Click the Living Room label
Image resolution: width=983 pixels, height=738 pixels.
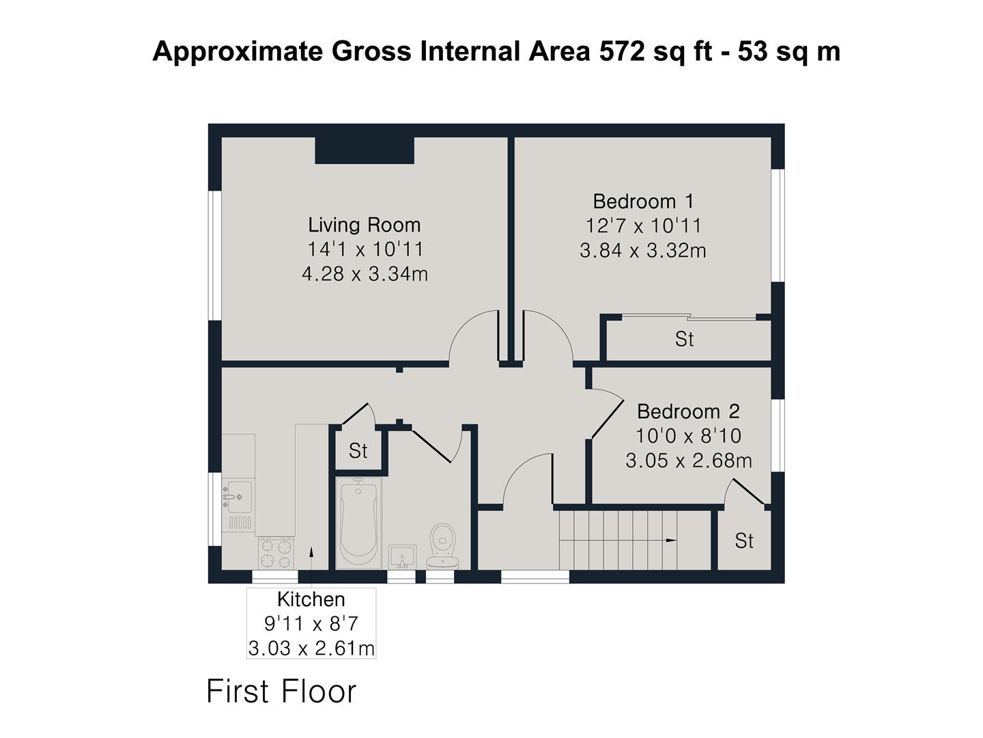point(364,225)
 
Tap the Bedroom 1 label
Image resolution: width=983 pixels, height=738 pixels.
point(642,201)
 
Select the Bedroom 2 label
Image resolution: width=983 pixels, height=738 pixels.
point(688,411)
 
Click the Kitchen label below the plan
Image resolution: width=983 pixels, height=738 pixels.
point(311,599)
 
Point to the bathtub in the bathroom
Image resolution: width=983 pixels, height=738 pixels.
point(359,523)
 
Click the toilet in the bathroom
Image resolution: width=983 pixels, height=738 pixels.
point(443,545)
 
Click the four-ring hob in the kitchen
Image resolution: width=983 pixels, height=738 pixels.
point(276,553)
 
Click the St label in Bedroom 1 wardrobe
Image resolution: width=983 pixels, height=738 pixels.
point(684,339)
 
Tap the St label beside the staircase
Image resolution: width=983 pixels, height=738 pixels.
point(744,541)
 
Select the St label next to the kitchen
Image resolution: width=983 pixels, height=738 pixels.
point(358,451)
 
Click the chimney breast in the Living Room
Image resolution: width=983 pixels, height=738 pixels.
point(365,150)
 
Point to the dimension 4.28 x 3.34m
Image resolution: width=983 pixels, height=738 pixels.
point(365,274)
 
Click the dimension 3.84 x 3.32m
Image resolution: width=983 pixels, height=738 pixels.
point(642,251)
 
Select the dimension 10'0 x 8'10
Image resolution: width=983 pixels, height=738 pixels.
point(688,436)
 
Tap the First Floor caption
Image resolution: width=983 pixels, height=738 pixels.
point(281,691)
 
